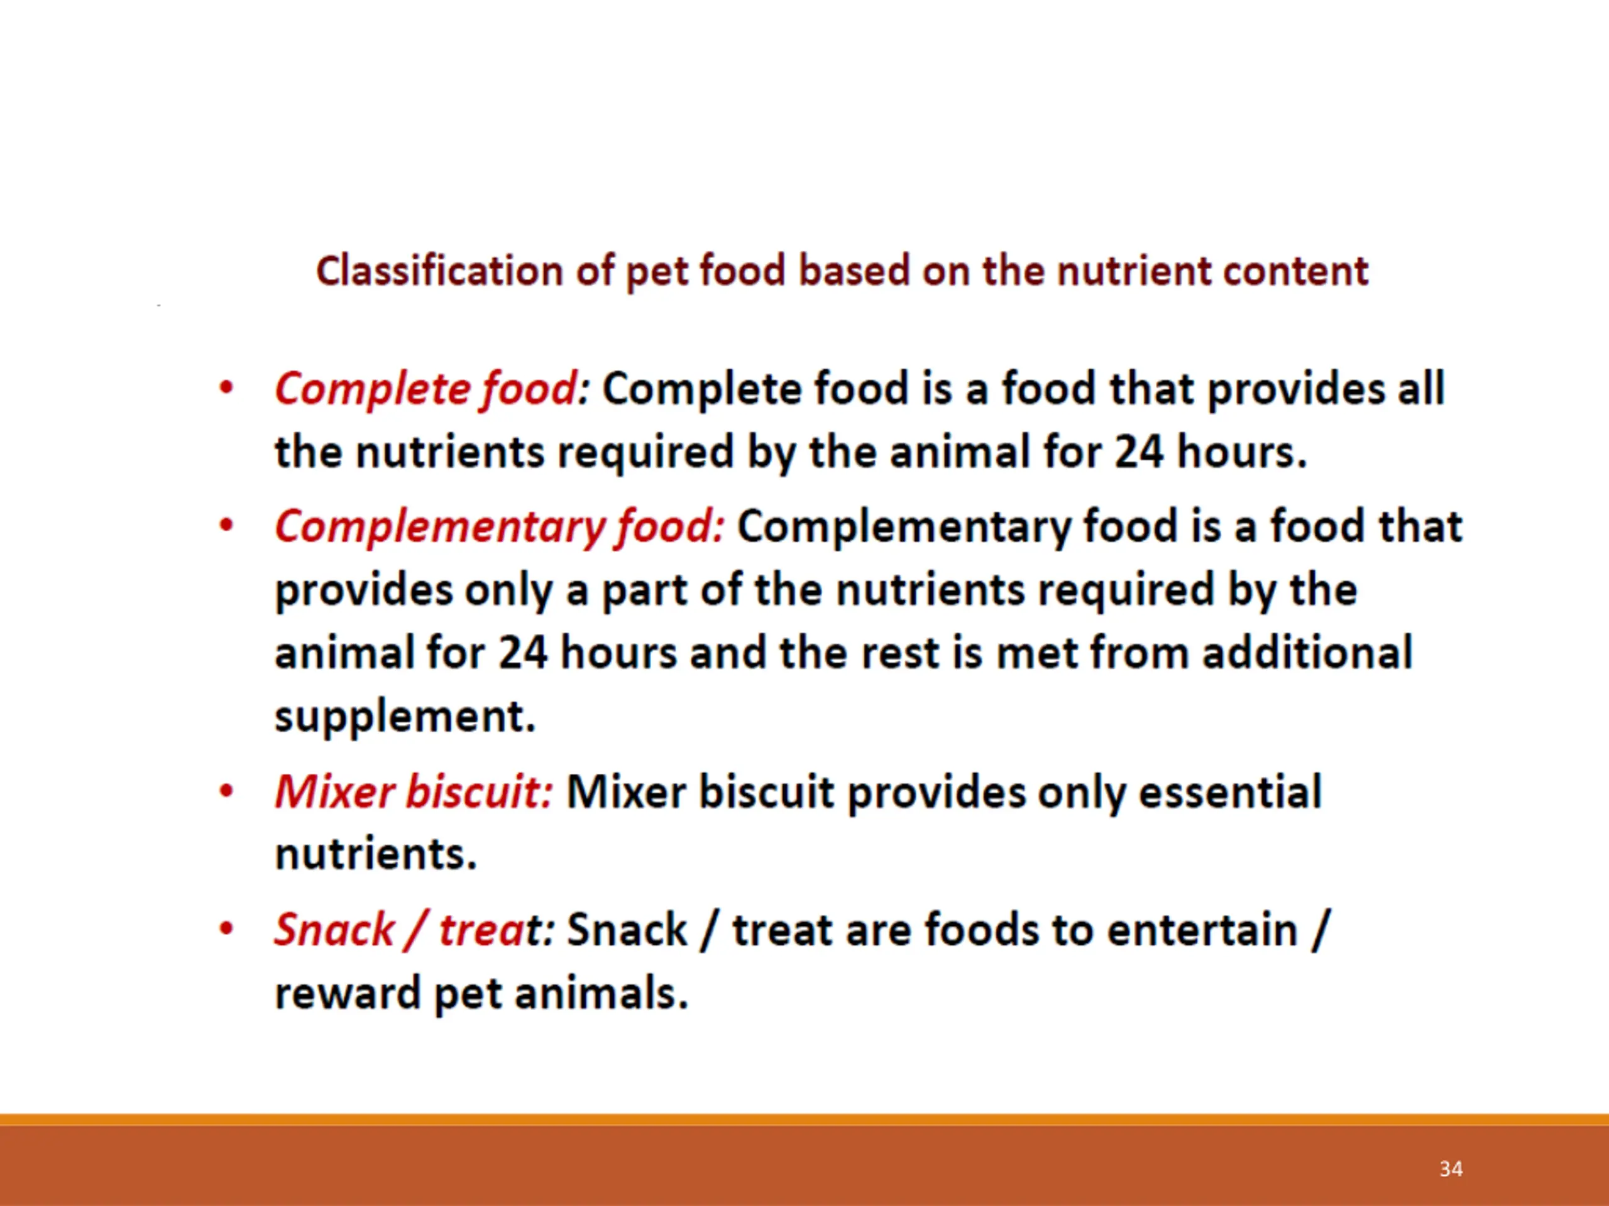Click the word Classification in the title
(440, 271)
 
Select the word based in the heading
(854, 271)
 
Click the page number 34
(1451, 1169)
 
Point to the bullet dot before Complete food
(226, 388)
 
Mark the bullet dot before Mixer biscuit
(226, 791)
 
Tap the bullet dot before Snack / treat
(226, 928)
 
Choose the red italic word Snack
(334, 929)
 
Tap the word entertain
(1202, 930)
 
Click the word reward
(347, 994)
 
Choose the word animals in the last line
(601, 993)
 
